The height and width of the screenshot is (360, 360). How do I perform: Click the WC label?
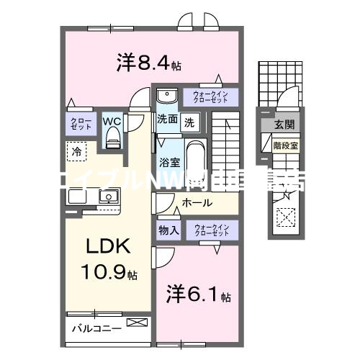pos(111,121)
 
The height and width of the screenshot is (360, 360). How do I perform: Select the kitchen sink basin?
pos(109,197)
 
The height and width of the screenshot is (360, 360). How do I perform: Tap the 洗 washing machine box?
pos(188,121)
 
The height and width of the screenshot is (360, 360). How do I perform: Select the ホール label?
pos(197,204)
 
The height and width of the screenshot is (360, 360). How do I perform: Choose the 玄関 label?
pos(284,125)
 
